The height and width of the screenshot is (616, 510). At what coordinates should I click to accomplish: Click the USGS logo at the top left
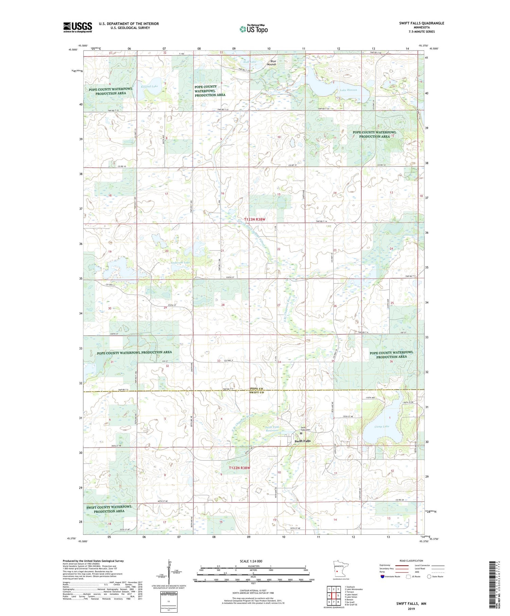click(x=78, y=27)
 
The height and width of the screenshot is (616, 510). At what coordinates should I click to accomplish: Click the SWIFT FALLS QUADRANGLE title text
click(x=421, y=23)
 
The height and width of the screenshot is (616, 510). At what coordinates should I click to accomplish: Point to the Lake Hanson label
click(x=348, y=90)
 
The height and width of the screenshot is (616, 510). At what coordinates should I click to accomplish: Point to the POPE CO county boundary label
click(x=257, y=388)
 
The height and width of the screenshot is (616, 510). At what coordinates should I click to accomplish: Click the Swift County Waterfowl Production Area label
click(x=109, y=509)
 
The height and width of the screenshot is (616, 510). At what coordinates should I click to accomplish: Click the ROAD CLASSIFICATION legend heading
click(x=411, y=561)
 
